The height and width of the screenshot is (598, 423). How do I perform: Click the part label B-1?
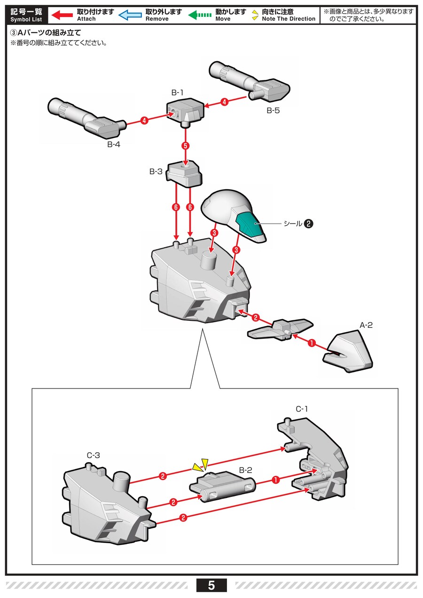coord(177,93)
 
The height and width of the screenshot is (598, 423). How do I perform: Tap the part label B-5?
coord(273,111)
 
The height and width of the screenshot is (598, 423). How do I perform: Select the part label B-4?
coord(113,144)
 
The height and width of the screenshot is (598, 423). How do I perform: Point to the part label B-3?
coord(156,172)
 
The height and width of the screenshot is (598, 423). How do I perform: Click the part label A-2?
coord(366,325)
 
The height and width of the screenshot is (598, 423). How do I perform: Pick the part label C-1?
coord(302,409)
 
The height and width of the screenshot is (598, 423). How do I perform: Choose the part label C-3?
coord(94,455)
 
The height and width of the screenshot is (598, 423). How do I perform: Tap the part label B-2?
coord(246,470)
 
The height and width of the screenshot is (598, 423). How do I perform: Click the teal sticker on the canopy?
coord(249,224)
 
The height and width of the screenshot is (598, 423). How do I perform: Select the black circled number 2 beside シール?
coord(309,224)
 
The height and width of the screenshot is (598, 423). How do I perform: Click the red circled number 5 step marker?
coord(186,146)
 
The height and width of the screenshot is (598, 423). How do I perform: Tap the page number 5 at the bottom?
coord(211,585)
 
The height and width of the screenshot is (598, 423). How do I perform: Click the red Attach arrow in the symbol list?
coord(62,15)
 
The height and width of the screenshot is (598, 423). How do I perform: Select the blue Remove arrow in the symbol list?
coord(130,15)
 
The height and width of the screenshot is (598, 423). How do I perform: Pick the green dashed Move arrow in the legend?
coord(200,15)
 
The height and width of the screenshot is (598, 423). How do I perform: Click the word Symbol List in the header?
coord(26,19)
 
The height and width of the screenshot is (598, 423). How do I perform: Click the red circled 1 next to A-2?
coord(311,343)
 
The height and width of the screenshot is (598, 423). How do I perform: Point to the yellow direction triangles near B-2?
coord(200,465)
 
